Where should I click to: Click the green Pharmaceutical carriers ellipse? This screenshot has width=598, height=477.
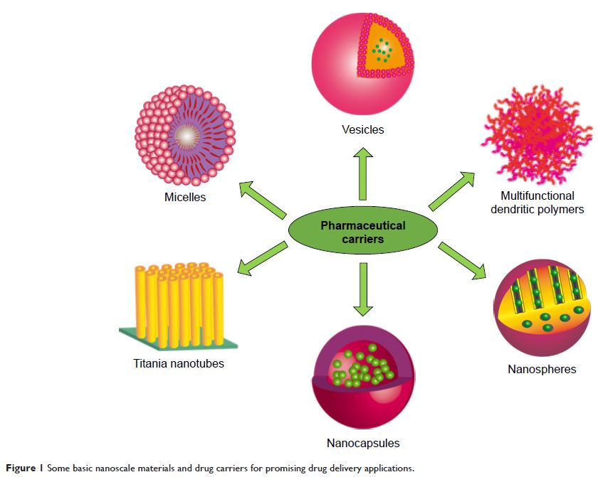[x=362, y=232]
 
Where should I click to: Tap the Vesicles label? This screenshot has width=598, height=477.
[x=362, y=129]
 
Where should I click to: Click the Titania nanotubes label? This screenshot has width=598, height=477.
[x=179, y=364]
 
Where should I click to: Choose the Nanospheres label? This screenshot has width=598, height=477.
[x=542, y=369]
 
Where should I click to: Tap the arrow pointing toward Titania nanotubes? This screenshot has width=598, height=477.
[x=261, y=258]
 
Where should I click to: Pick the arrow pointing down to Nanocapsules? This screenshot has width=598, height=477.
[x=362, y=289]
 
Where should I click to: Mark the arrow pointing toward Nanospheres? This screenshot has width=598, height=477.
[x=463, y=261]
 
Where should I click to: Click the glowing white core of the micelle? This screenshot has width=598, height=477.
[x=185, y=134]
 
